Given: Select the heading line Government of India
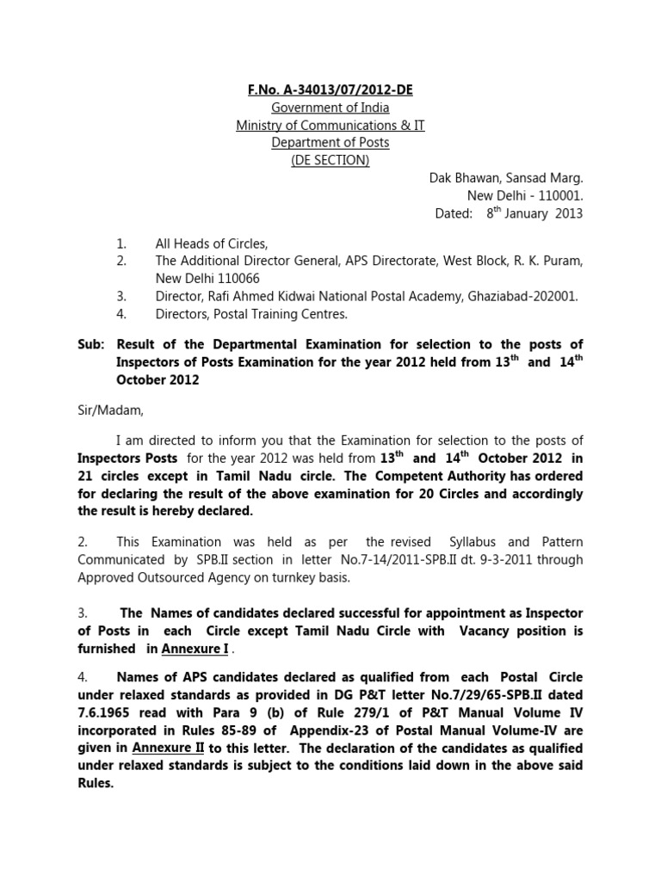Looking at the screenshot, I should [x=330, y=108].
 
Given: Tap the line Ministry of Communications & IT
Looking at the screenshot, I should [x=330, y=126].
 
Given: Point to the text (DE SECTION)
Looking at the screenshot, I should [x=330, y=161].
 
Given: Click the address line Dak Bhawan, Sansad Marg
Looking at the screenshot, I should [x=506, y=178].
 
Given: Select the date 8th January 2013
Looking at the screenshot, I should [x=534, y=213].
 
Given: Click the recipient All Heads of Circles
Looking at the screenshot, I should [x=211, y=244].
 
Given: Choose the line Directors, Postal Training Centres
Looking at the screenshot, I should [x=251, y=314].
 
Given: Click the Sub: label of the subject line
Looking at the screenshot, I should [x=90, y=345].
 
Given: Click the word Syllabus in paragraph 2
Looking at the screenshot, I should [x=477, y=542].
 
